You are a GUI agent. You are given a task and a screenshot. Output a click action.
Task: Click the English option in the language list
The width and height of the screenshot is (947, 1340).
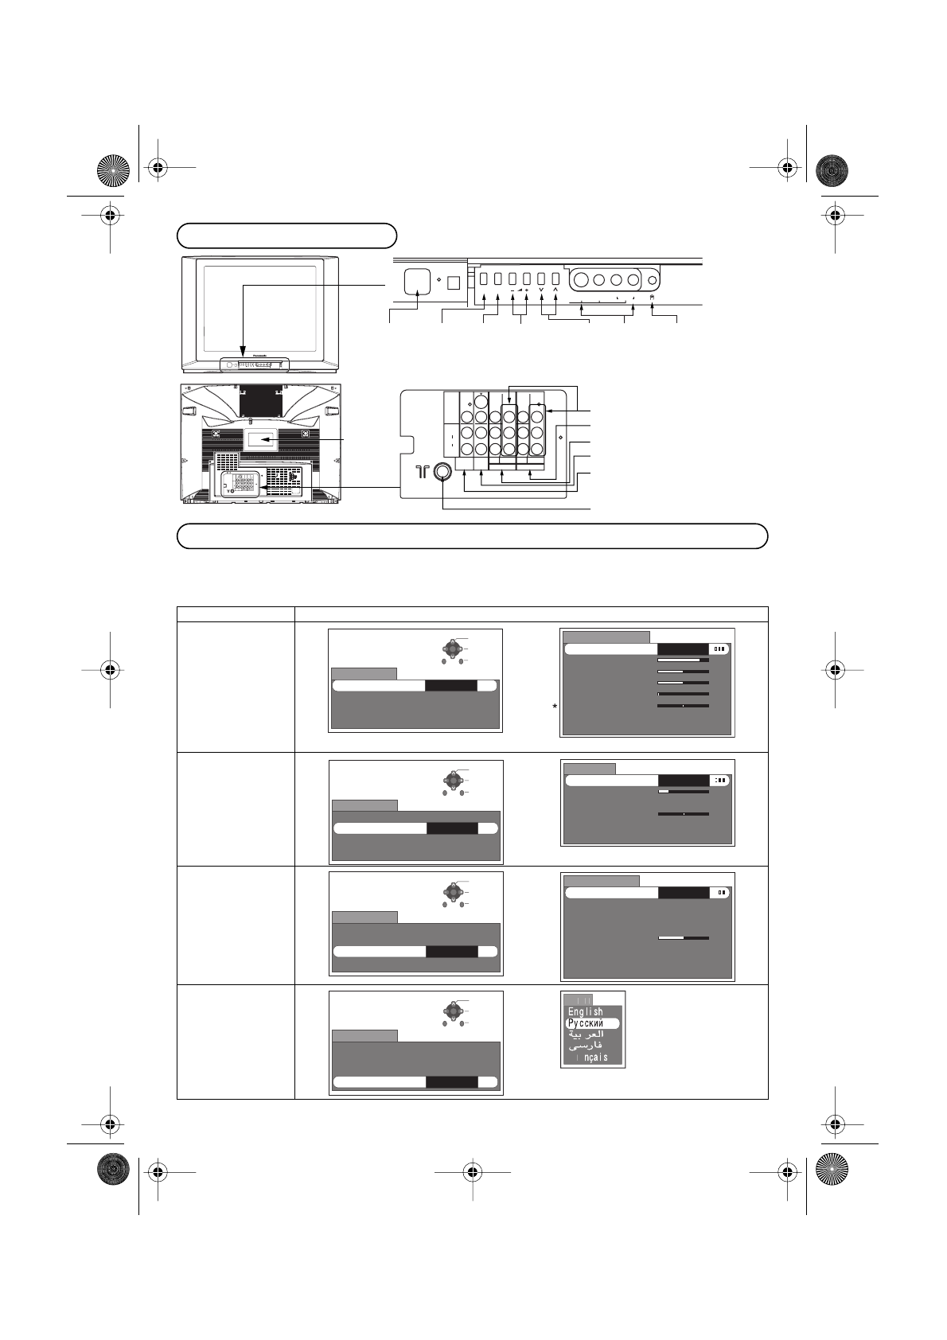[x=586, y=1011]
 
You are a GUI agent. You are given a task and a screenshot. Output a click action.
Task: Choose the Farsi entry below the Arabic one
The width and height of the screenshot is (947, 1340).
[x=585, y=1046]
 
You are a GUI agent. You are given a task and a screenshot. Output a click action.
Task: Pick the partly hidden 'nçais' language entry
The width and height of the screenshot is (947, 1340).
[x=591, y=1058]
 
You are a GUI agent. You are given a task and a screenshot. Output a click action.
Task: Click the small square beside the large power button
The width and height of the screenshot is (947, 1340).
[x=453, y=282]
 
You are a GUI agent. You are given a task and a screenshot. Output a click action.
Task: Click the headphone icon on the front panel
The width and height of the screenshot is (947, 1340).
[x=653, y=298]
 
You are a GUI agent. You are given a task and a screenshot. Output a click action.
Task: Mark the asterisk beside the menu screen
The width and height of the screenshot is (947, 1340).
[x=557, y=707]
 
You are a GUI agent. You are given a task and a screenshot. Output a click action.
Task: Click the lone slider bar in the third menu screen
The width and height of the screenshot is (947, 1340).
[x=683, y=938]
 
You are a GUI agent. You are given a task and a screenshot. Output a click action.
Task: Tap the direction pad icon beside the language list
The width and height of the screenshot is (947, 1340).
[x=452, y=1011]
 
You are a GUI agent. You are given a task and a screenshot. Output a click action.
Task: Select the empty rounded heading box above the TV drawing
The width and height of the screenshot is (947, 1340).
[x=286, y=236]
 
